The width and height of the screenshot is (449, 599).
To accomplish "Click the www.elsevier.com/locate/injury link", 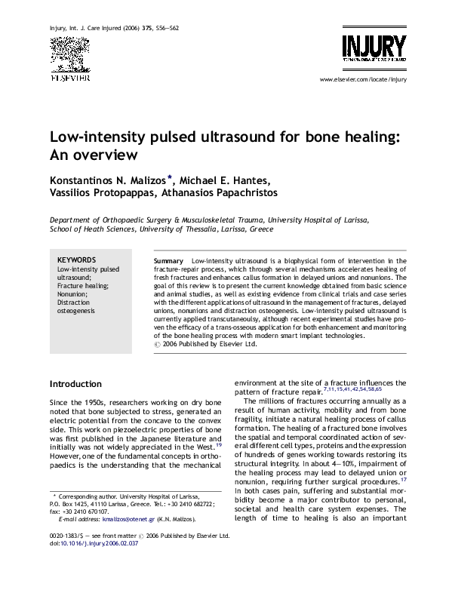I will click(x=363, y=78).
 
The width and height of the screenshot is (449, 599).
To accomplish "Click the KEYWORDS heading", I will click(x=77, y=260).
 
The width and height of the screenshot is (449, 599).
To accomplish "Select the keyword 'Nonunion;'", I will click(x=72, y=294).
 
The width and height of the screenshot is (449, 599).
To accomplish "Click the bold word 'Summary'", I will click(x=169, y=260).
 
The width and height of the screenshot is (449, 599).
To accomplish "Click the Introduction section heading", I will click(x=75, y=384).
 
